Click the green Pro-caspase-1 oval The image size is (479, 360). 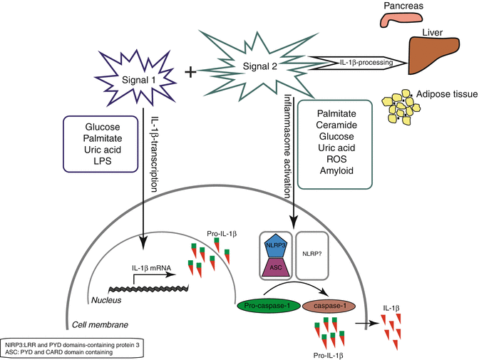[x=268, y=307]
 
